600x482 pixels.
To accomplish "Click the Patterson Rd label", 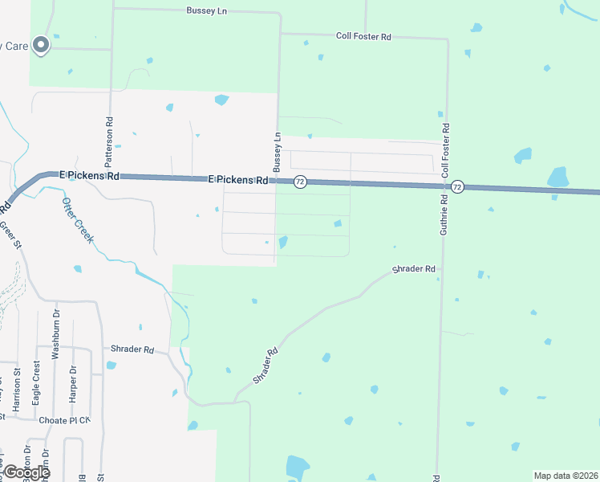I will [109, 131].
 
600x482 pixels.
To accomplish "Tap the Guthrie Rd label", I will [443, 213].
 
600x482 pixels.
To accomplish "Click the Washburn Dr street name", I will [57, 333].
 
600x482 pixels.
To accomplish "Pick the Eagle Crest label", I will [36, 376].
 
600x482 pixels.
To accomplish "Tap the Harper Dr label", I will [72, 387].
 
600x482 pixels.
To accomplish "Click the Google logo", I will [26, 472].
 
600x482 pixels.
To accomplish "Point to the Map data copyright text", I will [566, 476].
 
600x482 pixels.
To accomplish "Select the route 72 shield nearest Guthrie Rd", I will [456, 186].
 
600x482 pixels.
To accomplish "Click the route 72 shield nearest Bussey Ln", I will [299, 182].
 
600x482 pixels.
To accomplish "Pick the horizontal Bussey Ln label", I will [206, 10].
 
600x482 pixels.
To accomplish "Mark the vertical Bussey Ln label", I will [278, 151].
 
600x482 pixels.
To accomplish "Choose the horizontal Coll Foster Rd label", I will [363, 36].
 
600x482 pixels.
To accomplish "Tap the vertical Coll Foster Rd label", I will [445, 149].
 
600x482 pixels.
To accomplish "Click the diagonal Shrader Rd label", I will [266, 365].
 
